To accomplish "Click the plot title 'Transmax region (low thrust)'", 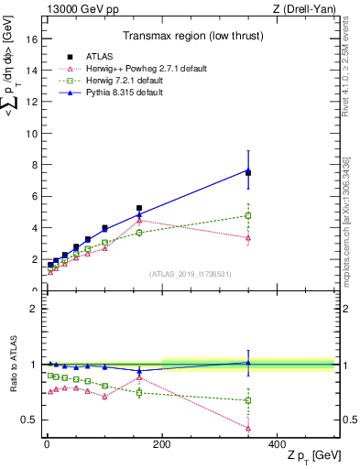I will [x=190, y=38].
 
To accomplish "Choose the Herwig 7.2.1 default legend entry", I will [x=115, y=81].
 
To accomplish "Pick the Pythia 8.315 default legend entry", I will [x=115, y=93].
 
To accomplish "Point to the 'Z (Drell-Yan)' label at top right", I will [x=307, y=9].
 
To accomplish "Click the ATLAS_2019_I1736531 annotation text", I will [x=190, y=273].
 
